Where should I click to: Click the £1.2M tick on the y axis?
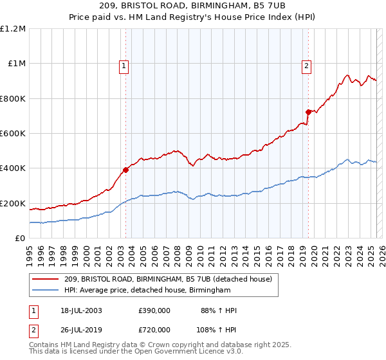tap(13, 29)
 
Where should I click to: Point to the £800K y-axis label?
tap(13, 99)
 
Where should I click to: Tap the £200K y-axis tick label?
tap(13, 204)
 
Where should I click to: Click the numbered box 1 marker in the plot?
tap(123, 65)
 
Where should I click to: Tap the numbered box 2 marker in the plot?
tap(306, 65)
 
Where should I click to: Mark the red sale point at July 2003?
tap(126, 170)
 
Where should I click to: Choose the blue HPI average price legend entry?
tap(147, 291)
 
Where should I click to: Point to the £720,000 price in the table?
tap(154, 329)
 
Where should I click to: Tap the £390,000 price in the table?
tap(154, 311)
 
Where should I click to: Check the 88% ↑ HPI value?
tap(219, 311)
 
